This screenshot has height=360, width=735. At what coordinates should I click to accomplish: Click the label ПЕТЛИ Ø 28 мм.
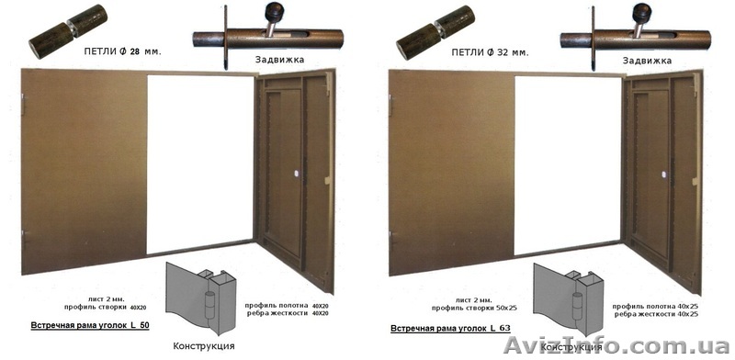[123, 52]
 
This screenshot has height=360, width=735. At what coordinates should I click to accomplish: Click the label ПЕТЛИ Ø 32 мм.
[491, 52]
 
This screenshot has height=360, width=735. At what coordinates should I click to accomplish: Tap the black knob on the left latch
[273, 10]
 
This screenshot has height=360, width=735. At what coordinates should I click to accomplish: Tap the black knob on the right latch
[640, 10]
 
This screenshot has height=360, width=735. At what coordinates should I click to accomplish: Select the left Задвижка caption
[279, 60]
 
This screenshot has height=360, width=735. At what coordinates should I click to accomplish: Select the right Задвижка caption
[647, 60]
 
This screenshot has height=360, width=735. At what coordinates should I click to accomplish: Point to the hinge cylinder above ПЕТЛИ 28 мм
[68, 31]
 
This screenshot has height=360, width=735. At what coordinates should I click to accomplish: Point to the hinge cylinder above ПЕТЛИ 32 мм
[435, 31]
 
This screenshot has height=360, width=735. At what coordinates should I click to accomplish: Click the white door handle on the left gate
[297, 174]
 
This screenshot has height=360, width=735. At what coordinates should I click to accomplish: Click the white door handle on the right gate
[664, 174]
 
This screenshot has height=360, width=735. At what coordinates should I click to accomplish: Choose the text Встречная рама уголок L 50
[90, 325]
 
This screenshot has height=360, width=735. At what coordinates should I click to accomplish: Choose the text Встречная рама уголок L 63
[450, 328]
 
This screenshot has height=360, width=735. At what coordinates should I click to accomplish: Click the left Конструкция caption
[204, 346]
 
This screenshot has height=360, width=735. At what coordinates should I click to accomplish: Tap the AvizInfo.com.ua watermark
[616, 346]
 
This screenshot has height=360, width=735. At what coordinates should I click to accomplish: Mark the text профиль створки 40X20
[106, 308]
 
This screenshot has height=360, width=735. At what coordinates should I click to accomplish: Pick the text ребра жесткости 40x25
[656, 314]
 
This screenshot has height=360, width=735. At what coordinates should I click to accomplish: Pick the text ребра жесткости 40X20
[286, 313]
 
